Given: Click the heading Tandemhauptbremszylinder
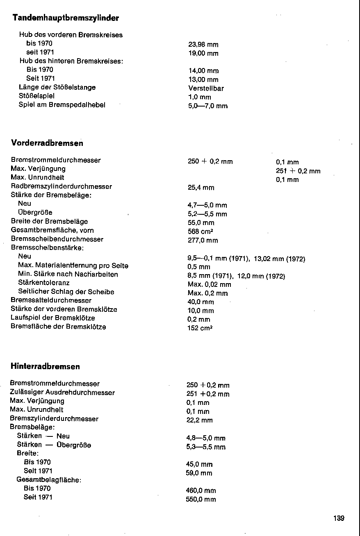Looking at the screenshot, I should pyautogui.click(x=66, y=18).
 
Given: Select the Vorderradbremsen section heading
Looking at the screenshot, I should pyautogui.click(x=47, y=143).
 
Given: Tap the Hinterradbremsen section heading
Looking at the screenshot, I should pyautogui.click(x=45, y=366).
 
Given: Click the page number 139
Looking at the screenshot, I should pyautogui.click(x=339, y=518).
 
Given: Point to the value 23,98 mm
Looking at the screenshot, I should pyautogui.click(x=203, y=45).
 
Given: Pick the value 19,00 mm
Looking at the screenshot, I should pyautogui.click(x=203, y=54).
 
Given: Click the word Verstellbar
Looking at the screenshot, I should pyautogui.click(x=206, y=88).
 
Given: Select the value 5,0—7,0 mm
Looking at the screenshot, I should pyautogui.click(x=208, y=106).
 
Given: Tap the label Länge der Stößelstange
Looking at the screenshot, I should pyautogui.click(x=57, y=87).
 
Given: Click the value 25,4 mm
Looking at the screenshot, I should pyautogui.click(x=201, y=188).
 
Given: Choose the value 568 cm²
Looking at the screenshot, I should pyautogui.click(x=199, y=232).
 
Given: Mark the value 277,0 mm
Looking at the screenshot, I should pyautogui.click(x=203, y=241).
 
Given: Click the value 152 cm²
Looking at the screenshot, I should pyautogui.click(x=200, y=328).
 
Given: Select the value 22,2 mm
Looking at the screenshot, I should pyautogui.click(x=200, y=420).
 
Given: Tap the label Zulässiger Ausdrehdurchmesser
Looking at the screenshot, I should pyautogui.click(x=62, y=393).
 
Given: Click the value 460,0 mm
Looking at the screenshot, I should pyautogui.click(x=201, y=491).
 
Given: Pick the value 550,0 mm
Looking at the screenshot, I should pyautogui.click(x=201, y=500).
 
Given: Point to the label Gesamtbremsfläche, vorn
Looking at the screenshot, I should pyautogui.click(x=52, y=230).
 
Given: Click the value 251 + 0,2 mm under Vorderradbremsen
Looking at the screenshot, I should pyautogui.click(x=298, y=171).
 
